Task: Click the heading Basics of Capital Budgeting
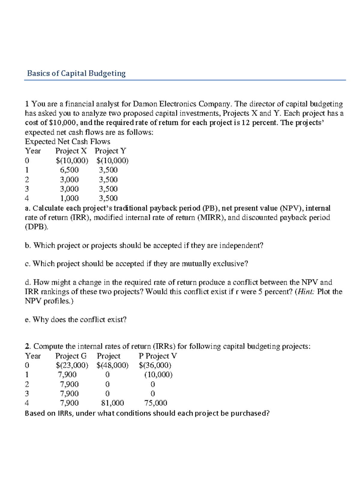click(76, 74)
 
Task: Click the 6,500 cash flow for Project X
click(69, 170)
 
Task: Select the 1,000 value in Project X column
click(69, 198)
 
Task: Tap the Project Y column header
click(110, 151)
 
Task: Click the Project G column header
click(71, 356)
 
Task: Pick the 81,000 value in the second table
click(113, 403)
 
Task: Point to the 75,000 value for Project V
click(156, 403)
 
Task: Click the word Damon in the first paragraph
click(145, 104)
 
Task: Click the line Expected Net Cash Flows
click(67, 142)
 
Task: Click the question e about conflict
click(76, 320)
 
